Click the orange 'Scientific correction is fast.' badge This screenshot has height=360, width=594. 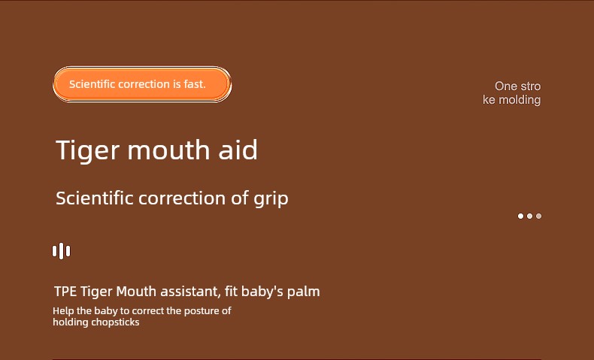(x=142, y=84)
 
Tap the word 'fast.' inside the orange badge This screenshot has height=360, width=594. (x=195, y=84)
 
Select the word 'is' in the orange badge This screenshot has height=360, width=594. (x=177, y=84)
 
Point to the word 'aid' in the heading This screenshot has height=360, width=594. (x=238, y=150)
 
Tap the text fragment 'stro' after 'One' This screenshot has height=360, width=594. (x=530, y=86)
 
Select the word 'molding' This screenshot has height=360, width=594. (x=520, y=100)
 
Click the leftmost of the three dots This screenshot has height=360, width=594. (x=520, y=216)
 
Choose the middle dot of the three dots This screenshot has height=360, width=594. (x=529, y=216)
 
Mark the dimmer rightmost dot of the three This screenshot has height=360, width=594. (x=538, y=216)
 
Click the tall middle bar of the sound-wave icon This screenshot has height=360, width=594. (x=62, y=251)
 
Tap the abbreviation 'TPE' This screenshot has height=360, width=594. (x=65, y=292)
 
